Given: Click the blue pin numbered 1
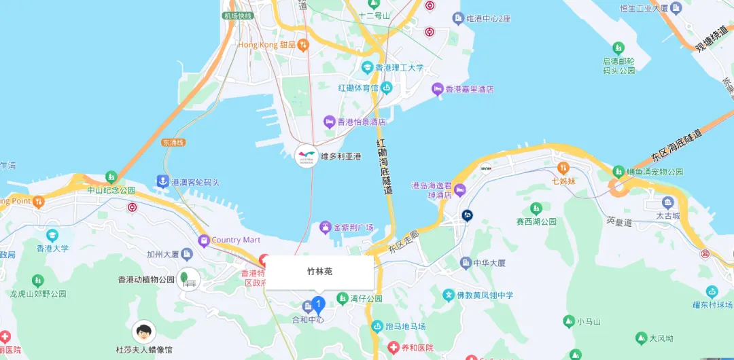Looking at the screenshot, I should [x=317, y=303].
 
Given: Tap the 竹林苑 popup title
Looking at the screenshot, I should [x=319, y=271].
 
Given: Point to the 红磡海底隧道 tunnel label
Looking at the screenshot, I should [x=385, y=166].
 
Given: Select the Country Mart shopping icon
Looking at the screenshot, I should [x=203, y=240].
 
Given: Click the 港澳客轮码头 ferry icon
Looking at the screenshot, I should [x=162, y=181].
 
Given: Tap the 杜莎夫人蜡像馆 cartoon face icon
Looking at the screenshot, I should [x=143, y=332].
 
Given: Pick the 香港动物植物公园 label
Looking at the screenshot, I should [x=146, y=279].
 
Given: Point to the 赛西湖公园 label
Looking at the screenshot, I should [x=536, y=221].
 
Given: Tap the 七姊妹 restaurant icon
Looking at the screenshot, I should [x=563, y=167].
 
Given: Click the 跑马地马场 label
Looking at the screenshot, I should [x=405, y=327].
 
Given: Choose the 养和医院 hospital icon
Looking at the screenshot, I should [x=393, y=347].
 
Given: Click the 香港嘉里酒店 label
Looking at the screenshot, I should [x=469, y=89].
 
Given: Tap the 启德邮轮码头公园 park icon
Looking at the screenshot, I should [x=618, y=48].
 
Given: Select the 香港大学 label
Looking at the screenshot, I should [x=52, y=248].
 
